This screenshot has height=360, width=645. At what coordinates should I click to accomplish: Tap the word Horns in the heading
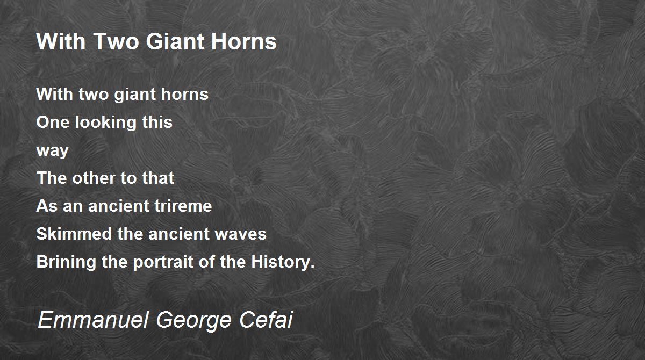tap(243, 42)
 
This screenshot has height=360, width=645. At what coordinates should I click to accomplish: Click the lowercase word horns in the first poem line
tap(184, 94)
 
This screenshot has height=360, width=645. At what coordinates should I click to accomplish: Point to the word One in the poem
tap(53, 122)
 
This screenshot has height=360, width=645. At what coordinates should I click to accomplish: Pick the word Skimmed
tap(74, 234)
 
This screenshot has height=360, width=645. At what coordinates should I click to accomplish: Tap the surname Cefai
tap(266, 319)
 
